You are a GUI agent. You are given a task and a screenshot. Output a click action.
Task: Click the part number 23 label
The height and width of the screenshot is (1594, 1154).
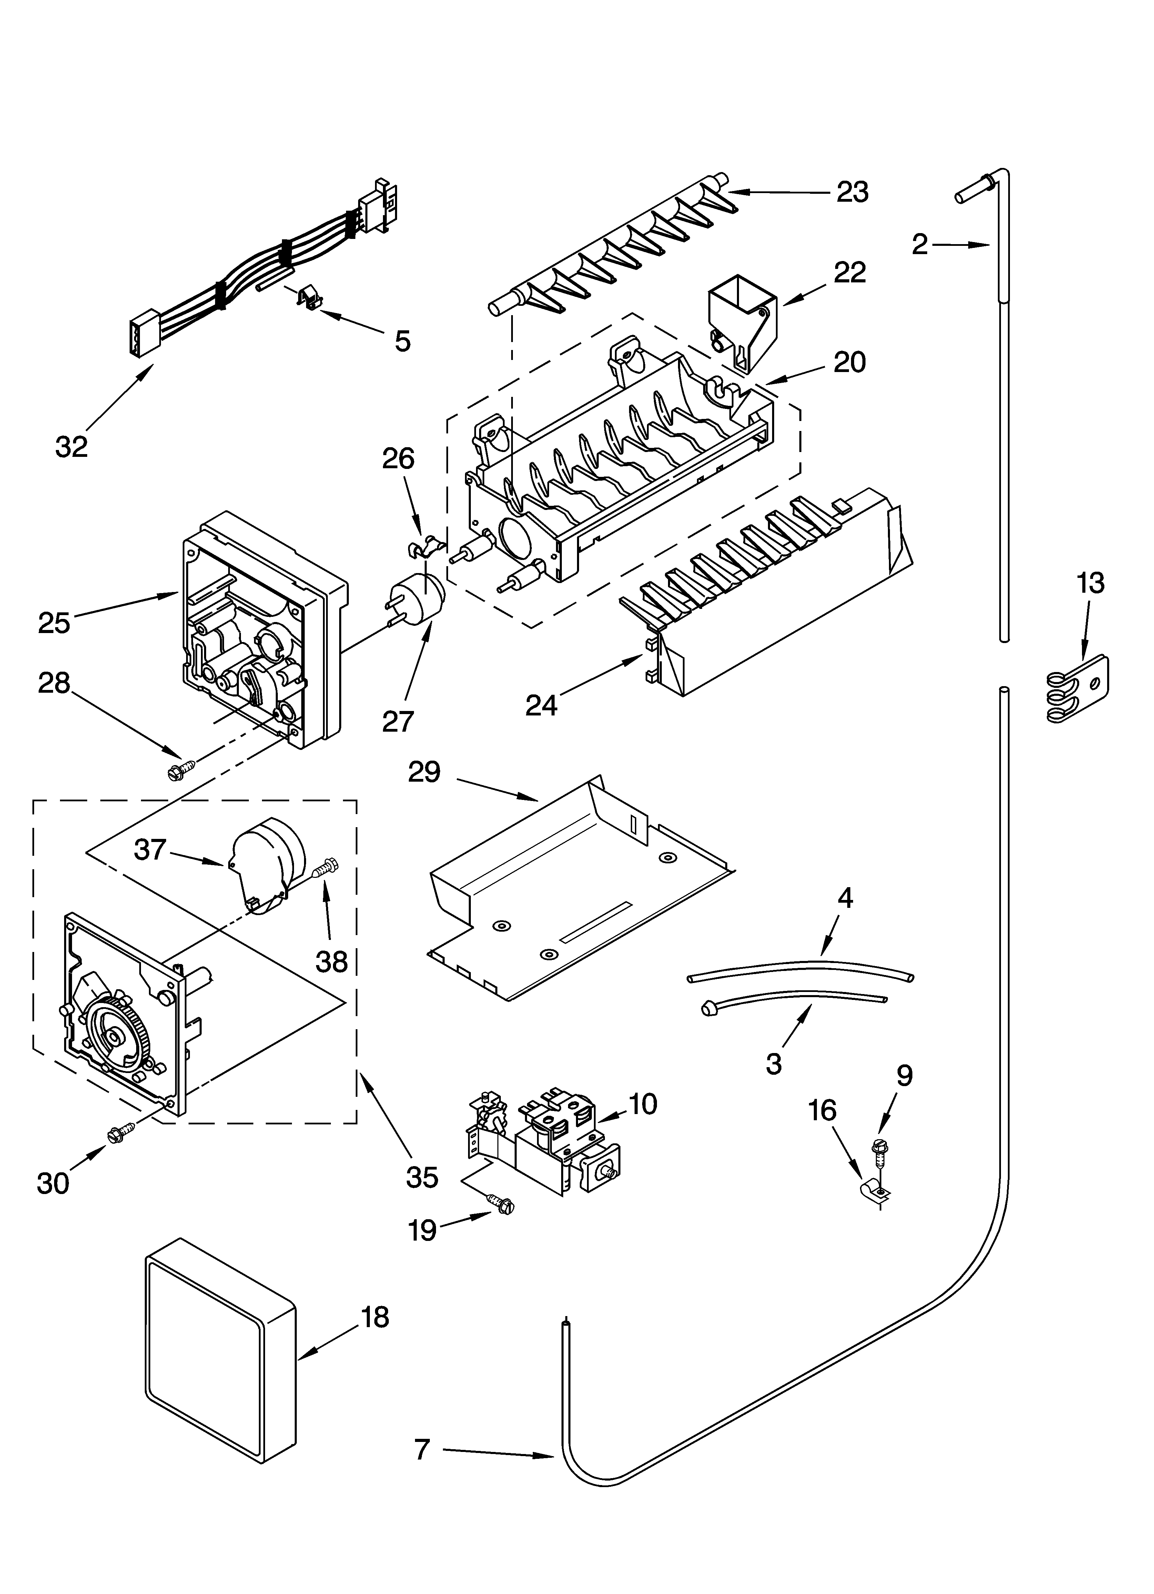[x=852, y=192]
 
